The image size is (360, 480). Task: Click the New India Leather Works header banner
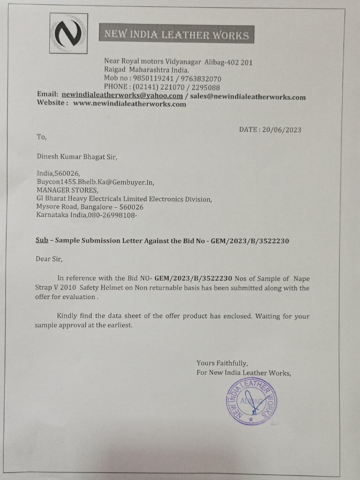coord(176,35)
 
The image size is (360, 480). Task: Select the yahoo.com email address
coord(122,96)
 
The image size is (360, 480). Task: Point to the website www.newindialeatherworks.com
coord(129,104)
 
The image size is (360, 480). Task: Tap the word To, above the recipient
coord(42,137)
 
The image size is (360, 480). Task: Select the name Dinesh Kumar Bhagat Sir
coord(76,157)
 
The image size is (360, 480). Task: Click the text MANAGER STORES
coord(67,190)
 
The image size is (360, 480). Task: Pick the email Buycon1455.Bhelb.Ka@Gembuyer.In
coord(96,182)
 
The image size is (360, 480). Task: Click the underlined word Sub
coord(42,241)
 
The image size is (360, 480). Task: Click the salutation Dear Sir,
coord(49,258)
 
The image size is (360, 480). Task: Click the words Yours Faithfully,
coord(222,363)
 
